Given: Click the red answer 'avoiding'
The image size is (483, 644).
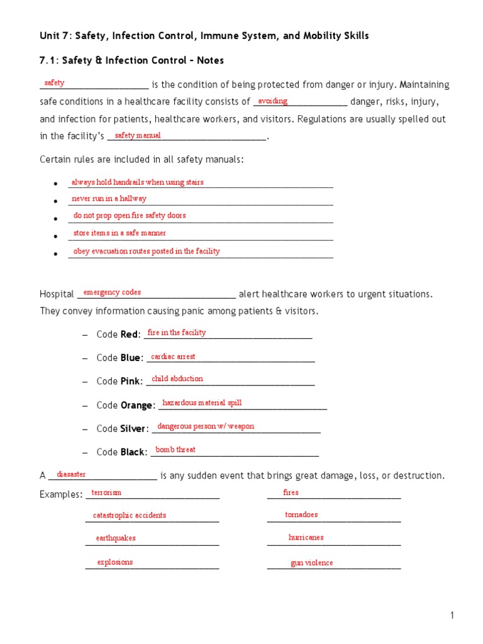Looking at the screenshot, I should pyautogui.click(x=273, y=101).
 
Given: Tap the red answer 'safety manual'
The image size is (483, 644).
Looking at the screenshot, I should pyautogui.click(x=138, y=135).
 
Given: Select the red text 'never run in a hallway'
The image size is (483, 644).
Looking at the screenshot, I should pyautogui.click(x=109, y=199).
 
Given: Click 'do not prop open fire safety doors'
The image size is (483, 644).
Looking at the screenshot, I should pyautogui.click(x=130, y=216).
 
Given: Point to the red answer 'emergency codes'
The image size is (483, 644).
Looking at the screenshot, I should pyautogui.click(x=112, y=292).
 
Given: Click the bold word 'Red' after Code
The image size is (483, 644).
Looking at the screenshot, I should pyautogui.click(x=129, y=335).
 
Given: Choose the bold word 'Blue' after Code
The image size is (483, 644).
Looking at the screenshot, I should pyautogui.click(x=130, y=358).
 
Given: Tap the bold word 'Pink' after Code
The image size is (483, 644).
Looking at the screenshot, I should pyautogui.click(x=131, y=381).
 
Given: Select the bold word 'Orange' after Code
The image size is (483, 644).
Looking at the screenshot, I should pyautogui.click(x=136, y=406).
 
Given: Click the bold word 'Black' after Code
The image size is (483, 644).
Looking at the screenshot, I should pyautogui.click(x=133, y=452).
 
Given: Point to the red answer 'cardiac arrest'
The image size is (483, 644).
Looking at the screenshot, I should pyautogui.click(x=173, y=357).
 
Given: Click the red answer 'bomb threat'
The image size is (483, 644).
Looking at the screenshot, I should pyautogui.click(x=175, y=450).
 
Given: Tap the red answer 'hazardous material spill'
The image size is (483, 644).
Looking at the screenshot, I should pyautogui.click(x=202, y=403).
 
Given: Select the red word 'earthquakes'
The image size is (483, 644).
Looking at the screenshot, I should pyautogui.click(x=116, y=538).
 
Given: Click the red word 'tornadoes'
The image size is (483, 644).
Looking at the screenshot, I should pyautogui.click(x=301, y=514).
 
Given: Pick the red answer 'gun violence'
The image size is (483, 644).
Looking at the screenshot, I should pyautogui.click(x=312, y=563).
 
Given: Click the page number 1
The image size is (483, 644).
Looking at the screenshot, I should pyautogui.click(x=452, y=616).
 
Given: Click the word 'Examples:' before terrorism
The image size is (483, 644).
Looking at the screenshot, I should pyautogui.click(x=61, y=494).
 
